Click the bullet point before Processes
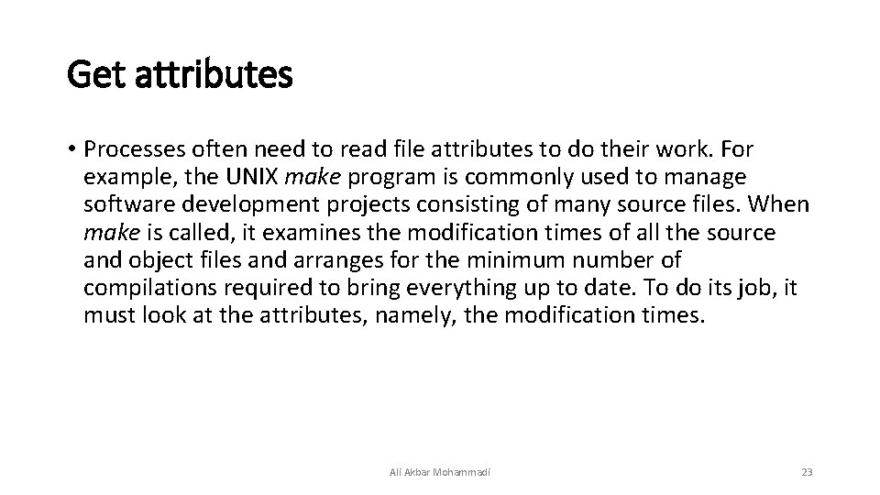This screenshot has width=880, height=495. pyautogui.click(x=71, y=149)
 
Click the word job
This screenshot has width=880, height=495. pyautogui.click(x=752, y=289)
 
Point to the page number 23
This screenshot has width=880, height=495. pyautogui.click(x=807, y=472)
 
